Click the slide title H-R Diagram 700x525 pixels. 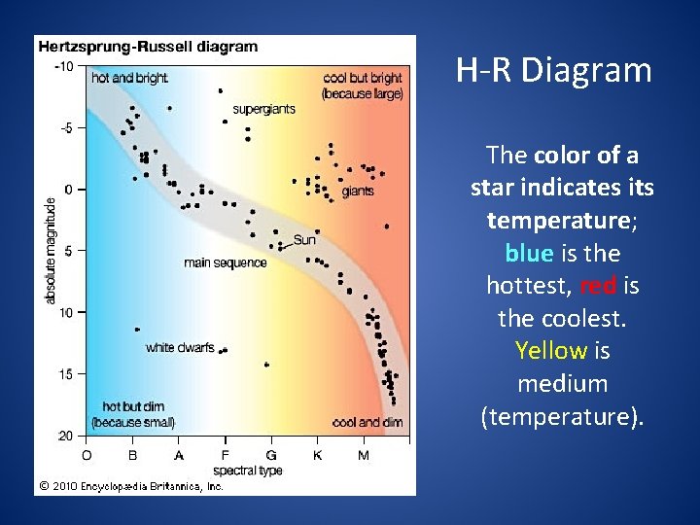[x=553, y=71]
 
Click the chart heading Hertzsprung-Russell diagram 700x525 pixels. [x=148, y=46]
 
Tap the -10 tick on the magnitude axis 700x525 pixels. [x=63, y=66]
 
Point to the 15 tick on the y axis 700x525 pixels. [x=65, y=373]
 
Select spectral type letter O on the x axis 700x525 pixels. [x=87, y=454]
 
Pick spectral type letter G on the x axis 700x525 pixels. [x=271, y=454]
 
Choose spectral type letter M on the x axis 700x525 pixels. [x=364, y=454]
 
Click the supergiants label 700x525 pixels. [x=263, y=109]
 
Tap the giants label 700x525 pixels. [x=358, y=192]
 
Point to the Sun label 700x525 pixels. [x=304, y=239]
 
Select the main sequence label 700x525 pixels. [x=225, y=262]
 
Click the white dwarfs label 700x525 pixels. [x=180, y=347]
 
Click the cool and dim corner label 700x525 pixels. [x=367, y=422]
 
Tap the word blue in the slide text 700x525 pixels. [x=529, y=253]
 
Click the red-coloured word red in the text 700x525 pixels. [x=597, y=286]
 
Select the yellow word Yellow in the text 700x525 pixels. [x=550, y=351]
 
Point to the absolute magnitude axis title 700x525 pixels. [x=50, y=251]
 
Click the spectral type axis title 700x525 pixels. [x=248, y=470]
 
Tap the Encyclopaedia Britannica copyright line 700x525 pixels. [x=131, y=485]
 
